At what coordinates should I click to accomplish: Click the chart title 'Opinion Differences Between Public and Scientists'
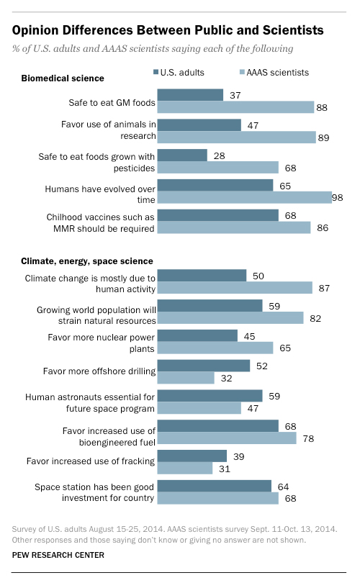pyautogui.click(x=167, y=30)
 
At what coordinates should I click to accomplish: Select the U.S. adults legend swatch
pyautogui.click(x=156, y=73)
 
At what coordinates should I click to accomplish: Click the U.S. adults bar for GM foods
pyautogui.click(x=190, y=95)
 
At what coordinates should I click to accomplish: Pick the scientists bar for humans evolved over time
pyautogui.click(x=243, y=197)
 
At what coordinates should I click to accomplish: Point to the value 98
pyautogui.click(x=337, y=196)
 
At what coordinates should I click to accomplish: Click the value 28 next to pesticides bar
pyautogui.click(x=217, y=155)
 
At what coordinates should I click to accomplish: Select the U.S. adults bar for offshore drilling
pyautogui.click(x=204, y=366)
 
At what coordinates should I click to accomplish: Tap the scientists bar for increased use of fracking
pyautogui.click(x=185, y=468)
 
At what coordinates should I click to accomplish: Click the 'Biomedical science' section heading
pyautogui.click(x=63, y=78)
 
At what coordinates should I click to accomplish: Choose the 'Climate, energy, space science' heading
pyautogui.click(x=87, y=260)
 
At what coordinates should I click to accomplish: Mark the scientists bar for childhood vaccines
pyautogui.click(x=233, y=227)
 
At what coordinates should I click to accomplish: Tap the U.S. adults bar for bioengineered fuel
pyautogui.click(x=218, y=426)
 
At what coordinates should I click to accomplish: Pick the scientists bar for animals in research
pyautogui.click(x=236, y=137)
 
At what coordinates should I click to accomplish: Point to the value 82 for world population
pyautogui.click(x=315, y=317)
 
